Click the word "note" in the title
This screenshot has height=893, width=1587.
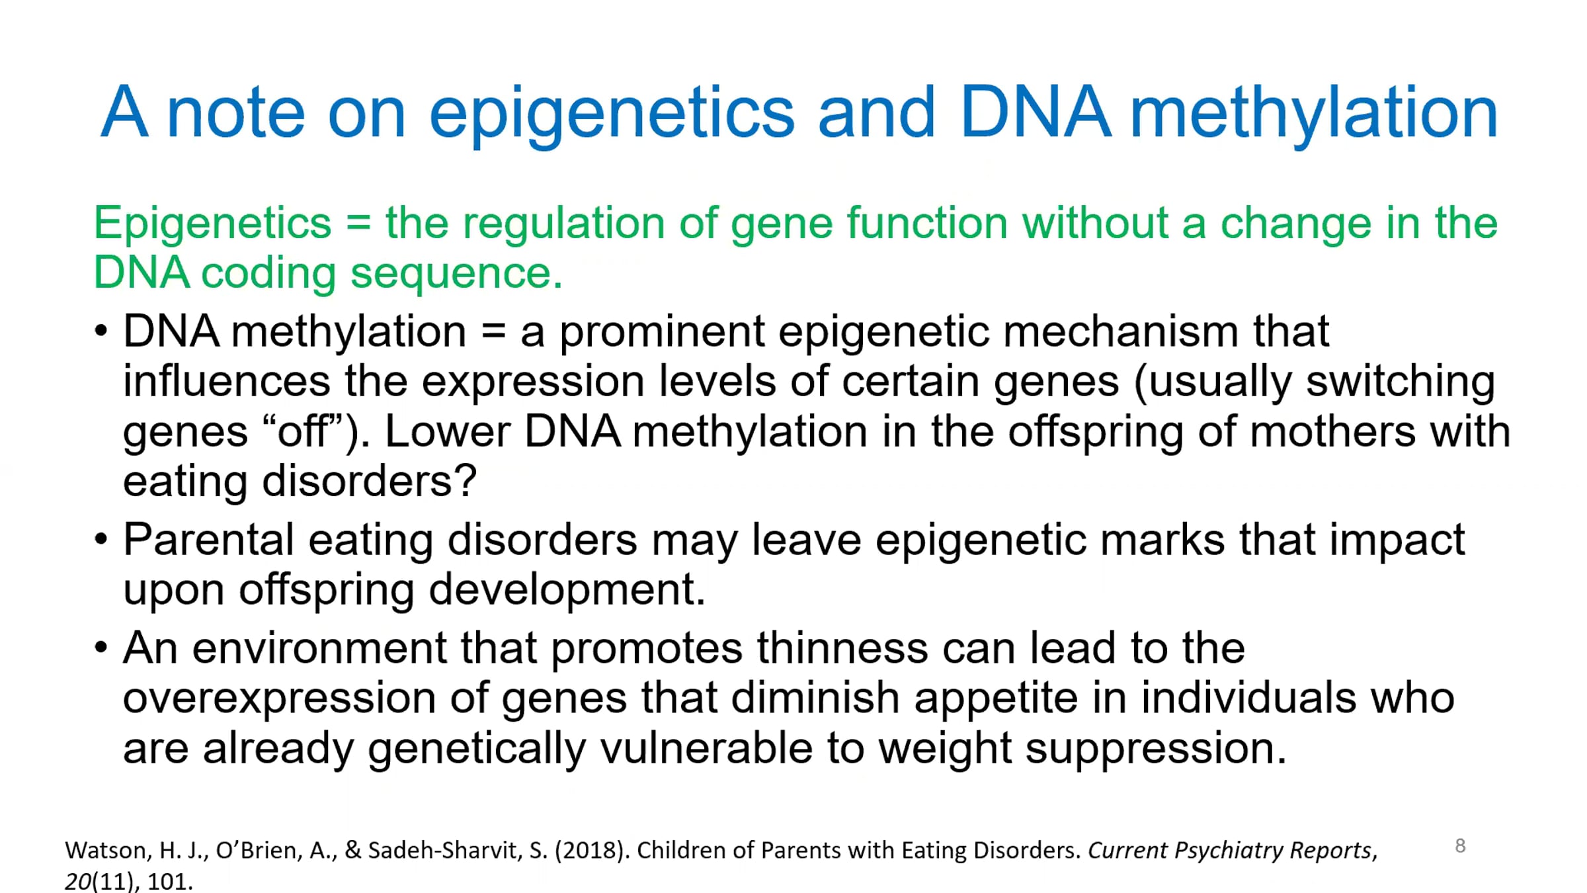(235, 113)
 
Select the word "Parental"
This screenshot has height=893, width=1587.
(208, 540)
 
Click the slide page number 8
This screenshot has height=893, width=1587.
(1460, 846)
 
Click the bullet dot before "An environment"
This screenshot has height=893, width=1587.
(101, 647)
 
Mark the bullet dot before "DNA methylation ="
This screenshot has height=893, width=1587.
(101, 330)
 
